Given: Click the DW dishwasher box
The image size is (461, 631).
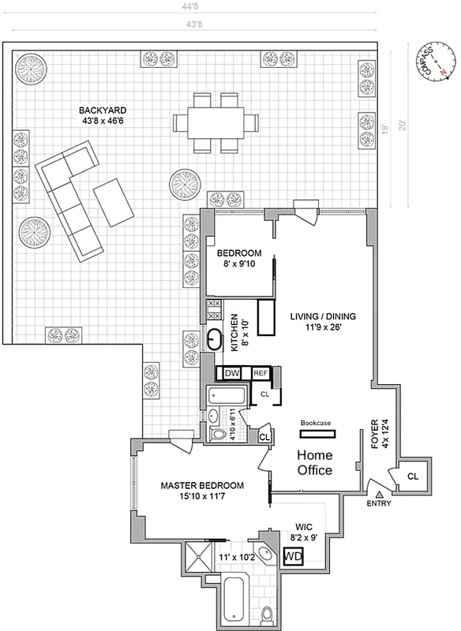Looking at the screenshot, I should pyautogui.click(x=231, y=372).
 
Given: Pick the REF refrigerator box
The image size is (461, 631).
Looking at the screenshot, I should pyautogui.click(x=260, y=372).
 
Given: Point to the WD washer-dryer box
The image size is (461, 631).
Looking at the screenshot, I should pyautogui.click(x=292, y=555).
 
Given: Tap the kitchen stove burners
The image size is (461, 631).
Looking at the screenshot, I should pyautogui.click(x=213, y=308).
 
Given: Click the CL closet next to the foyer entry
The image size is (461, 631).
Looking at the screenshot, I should pyautogui.click(x=413, y=477).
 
